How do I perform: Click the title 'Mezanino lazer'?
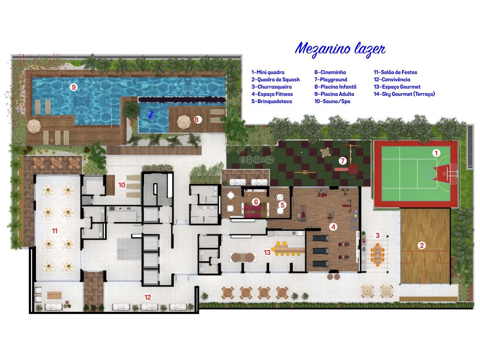(340, 49)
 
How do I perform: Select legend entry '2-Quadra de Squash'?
(276, 80)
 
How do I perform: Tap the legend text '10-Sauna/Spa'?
(332, 102)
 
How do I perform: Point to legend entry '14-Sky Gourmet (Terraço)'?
(404, 94)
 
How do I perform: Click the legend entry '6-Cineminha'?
(330, 72)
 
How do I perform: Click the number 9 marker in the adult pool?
(74, 88)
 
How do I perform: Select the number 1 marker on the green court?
(436, 153)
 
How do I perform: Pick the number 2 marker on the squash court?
(422, 245)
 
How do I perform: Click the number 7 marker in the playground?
(343, 161)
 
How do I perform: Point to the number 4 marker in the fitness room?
(333, 227)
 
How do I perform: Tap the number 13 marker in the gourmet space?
(267, 252)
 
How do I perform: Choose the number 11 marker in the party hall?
(55, 231)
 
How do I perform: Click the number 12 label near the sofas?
(148, 297)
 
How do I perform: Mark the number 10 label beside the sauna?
(122, 185)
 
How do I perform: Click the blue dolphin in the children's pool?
(151, 115)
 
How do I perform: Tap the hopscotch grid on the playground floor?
(257, 160)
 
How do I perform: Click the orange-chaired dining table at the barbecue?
(378, 255)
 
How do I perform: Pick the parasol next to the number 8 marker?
(184, 122)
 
